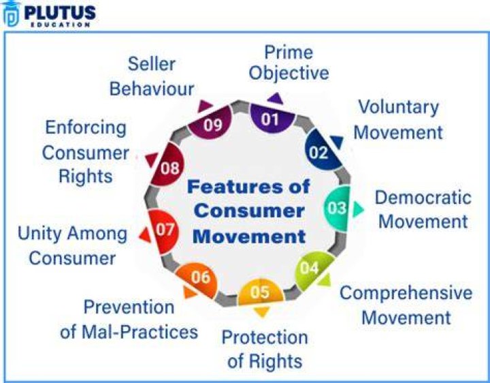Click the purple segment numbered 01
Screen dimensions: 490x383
272,119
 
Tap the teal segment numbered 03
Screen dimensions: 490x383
337,209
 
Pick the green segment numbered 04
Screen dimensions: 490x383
312,270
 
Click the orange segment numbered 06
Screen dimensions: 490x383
197,279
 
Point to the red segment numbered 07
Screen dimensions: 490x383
163,231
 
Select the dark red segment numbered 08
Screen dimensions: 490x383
168,165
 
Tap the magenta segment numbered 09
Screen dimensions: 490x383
211,123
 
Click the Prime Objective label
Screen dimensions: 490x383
289,63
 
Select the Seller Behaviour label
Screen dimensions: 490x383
152,76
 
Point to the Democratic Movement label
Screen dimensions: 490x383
423,210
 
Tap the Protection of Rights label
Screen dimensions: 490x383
265,349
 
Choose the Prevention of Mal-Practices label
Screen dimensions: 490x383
129,319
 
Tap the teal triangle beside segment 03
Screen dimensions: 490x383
358,209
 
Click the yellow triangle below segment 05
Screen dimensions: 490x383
262,312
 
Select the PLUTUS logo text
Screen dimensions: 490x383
60,12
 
